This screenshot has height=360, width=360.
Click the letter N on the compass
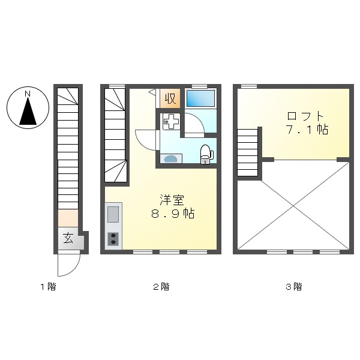(28, 94)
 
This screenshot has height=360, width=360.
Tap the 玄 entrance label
(68, 239)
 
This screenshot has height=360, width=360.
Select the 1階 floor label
(48, 287)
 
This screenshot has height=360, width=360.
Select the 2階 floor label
(161, 287)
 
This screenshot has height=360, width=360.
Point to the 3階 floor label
(293, 287)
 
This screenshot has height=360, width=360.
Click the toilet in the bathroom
(206, 152)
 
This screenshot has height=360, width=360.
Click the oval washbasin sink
(172, 158)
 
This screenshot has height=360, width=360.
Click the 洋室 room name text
(172, 199)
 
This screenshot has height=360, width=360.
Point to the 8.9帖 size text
(173, 214)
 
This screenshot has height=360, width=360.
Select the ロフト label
(306, 115)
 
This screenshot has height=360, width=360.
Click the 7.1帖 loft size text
(306, 129)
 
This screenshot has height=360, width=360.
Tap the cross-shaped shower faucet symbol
(170, 121)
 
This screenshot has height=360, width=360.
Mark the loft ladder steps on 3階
(248, 152)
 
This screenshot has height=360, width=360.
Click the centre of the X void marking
(294, 204)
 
